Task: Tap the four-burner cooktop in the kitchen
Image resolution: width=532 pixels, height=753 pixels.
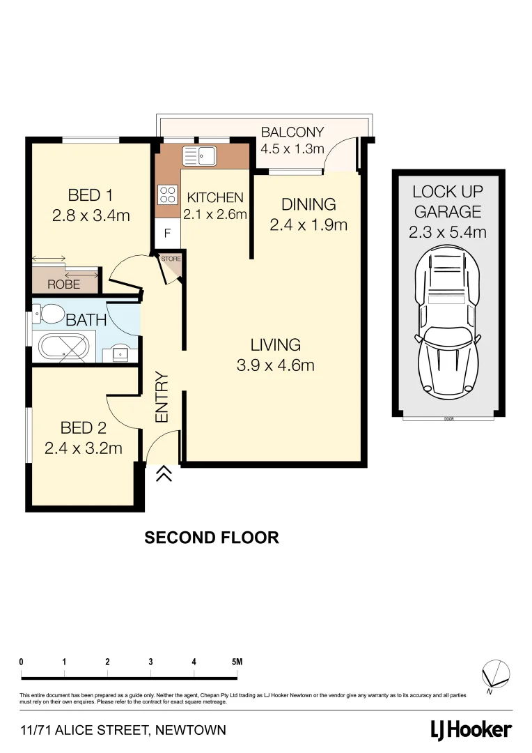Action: (x=168, y=193)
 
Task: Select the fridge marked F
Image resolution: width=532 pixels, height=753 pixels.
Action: (x=166, y=234)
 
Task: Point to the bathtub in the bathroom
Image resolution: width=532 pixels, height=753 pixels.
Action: (x=64, y=347)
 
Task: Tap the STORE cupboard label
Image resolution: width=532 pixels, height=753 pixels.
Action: (x=171, y=259)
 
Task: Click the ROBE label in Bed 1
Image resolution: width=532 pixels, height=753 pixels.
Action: (x=63, y=284)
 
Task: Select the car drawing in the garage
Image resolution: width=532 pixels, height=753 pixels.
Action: (x=447, y=324)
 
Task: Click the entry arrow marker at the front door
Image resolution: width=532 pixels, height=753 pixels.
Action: (x=164, y=474)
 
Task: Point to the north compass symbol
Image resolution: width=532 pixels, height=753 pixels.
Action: (x=496, y=675)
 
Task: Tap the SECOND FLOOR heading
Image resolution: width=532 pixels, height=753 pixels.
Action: (x=211, y=538)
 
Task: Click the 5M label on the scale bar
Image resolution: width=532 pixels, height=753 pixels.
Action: (x=237, y=662)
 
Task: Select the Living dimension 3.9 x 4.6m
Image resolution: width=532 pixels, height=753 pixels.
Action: (x=274, y=365)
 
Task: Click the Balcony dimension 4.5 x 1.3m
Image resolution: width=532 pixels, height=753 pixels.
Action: (x=292, y=149)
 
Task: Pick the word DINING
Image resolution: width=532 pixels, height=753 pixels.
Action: (x=308, y=204)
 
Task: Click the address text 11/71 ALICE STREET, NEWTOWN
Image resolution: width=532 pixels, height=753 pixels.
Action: (x=123, y=731)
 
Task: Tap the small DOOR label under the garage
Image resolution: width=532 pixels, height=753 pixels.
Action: (x=448, y=419)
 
